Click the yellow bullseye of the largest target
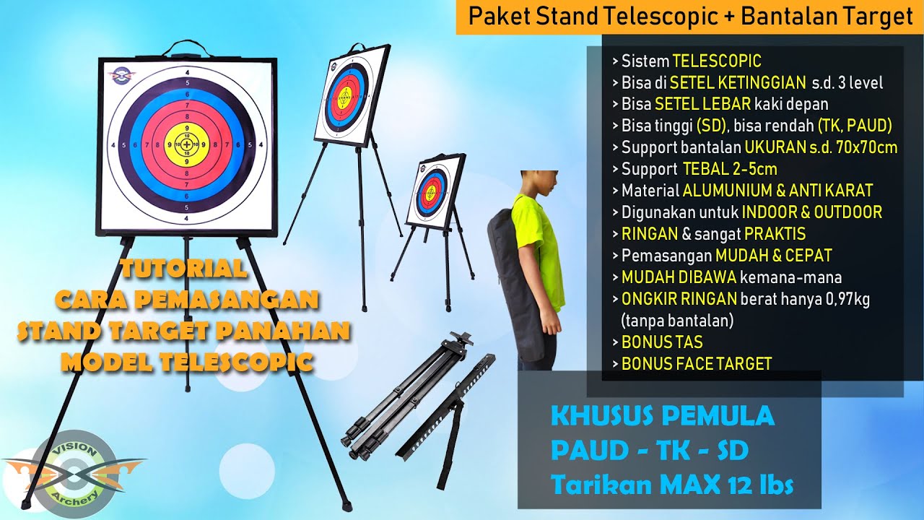coord(188,145)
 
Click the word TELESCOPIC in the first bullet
coord(717,61)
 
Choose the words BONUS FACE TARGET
coord(696,363)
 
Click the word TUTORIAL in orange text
coord(183,269)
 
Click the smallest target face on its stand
coord(432,190)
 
